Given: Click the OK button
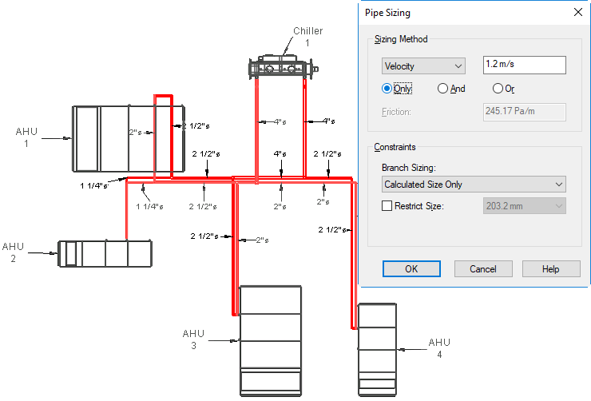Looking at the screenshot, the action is coord(411,268).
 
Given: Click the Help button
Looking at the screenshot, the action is coord(551,268).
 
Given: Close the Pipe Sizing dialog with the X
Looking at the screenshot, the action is coord(577,13).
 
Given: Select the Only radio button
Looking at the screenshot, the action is coord(387,89).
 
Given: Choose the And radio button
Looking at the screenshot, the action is coord(442,89).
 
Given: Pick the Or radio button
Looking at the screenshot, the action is coord(498,89).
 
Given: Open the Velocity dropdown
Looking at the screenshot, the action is coord(423,66).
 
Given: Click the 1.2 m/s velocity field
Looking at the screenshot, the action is coord(524,65).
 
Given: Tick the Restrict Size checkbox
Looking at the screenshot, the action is coord(387,206).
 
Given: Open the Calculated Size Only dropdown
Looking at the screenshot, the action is coord(474,185).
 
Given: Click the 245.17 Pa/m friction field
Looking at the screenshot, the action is coord(524,112).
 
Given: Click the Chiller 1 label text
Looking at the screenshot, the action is coord(308,37).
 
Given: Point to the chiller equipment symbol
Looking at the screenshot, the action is coord(283,67).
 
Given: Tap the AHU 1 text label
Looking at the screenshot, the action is coord(26,137).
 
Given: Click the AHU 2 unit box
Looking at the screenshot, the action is coord(105,253).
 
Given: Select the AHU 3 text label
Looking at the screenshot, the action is coord(193,339).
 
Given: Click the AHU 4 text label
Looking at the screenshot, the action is coord(439,347).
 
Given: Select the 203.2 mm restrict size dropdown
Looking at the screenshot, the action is coord(524,206).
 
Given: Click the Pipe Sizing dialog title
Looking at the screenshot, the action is coord(387,13).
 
